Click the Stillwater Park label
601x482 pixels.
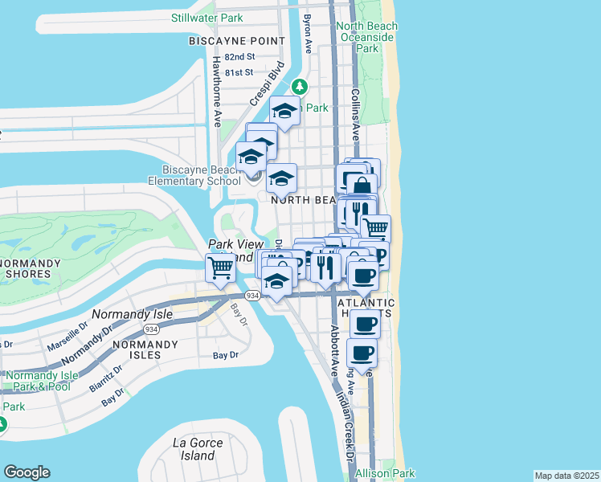[x=206, y=18]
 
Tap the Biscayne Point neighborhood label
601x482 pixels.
[x=236, y=40]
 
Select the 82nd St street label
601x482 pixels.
[x=239, y=57]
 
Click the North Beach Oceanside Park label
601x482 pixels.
[x=367, y=37]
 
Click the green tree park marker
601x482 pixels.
[x=300, y=85]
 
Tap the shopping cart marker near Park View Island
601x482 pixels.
[x=219, y=267]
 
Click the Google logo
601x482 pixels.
[x=27, y=472]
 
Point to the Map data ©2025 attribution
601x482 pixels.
[x=566, y=476]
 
